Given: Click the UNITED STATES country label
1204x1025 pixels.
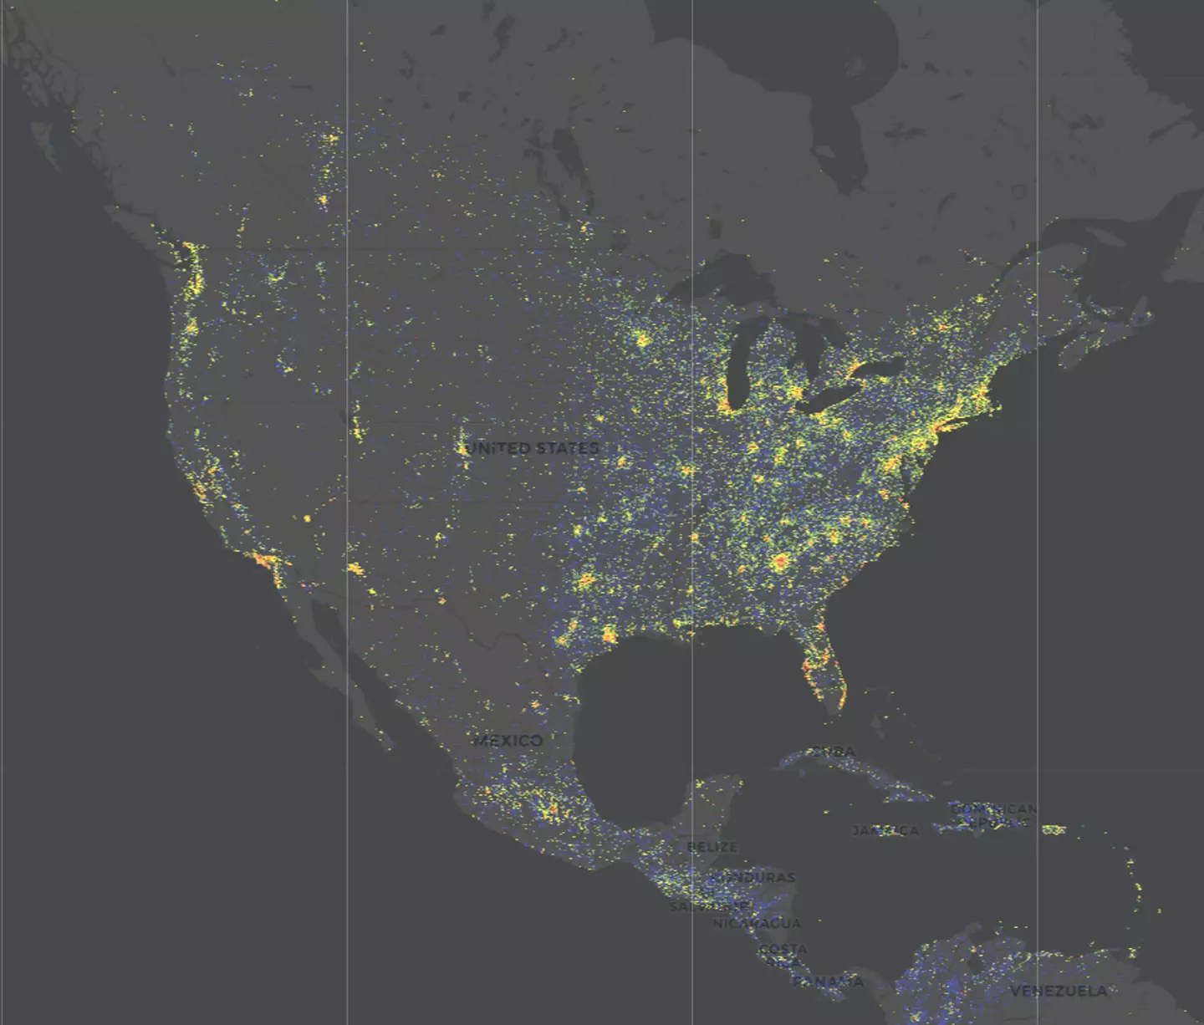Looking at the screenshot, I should tap(532, 448).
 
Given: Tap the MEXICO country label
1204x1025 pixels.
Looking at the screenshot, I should tap(508, 740).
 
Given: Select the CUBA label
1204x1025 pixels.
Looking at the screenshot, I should tap(833, 752).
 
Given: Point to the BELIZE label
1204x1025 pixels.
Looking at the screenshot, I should tap(712, 847).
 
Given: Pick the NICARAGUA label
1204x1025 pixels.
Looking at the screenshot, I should tap(757, 923).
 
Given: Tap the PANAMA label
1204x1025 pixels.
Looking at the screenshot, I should tap(828, 981).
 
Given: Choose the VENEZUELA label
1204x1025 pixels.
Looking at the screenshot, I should tap(1059, 991).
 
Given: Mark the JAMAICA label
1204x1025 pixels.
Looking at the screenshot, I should tap(885, 830).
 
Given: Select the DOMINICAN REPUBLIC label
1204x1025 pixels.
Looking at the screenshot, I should tap(993, 815).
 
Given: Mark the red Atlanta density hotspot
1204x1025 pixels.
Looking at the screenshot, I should tap(781, 562).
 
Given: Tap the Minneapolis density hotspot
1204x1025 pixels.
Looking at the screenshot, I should tap(642, 339).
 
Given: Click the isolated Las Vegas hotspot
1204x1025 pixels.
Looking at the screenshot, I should tap(307, 518).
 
